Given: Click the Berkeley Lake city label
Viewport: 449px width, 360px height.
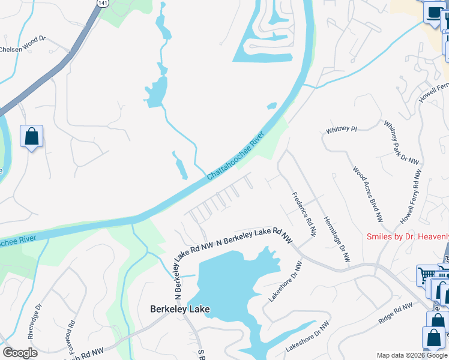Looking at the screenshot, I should click(x=179, y=309).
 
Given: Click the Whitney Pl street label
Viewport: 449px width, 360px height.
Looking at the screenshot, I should click(x=341, y=130).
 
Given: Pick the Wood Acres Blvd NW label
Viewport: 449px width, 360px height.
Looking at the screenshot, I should click(x=368, y=193).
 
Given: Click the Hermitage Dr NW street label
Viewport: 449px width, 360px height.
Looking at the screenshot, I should click(x=336, y=239).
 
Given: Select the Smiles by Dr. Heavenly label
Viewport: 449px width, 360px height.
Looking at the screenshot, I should click(x=408, y=236).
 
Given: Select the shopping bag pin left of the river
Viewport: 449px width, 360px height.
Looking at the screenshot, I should click(x=31, y=136).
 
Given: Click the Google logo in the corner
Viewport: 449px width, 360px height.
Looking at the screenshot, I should click(x=19, y=353).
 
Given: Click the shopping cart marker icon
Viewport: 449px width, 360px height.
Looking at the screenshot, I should click(x=427, y=276).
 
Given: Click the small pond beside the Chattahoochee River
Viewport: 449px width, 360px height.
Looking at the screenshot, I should click(x=271, y=106).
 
